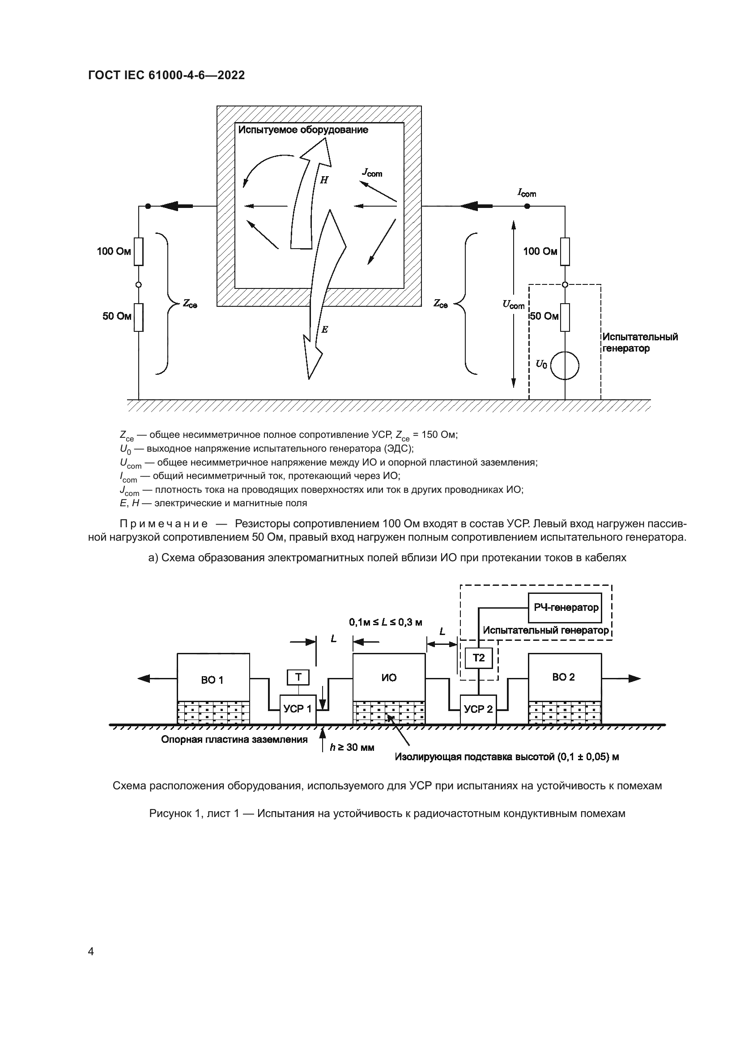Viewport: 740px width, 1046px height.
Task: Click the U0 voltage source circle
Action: coord(565,365)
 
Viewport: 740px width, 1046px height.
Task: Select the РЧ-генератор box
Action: coord(565,608)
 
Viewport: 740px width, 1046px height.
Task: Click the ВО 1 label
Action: coord(213,680)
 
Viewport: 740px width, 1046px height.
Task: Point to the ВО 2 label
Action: coord(564,678)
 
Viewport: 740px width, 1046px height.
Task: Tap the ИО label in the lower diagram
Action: coord(389,678)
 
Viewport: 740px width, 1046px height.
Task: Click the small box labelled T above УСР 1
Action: coord(298,678)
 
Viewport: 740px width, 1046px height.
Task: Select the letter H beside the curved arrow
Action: coord(324,180)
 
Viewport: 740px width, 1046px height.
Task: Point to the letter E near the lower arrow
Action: coord(324,330)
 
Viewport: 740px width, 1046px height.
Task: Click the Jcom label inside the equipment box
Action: coord(372,172)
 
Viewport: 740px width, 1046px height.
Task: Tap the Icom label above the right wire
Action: coord(527,193)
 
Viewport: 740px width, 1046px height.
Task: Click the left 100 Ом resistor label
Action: coord(114,251)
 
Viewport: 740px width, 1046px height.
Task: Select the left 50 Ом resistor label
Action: coord(117,316)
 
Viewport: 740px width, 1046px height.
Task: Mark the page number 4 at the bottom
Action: coord(91,951)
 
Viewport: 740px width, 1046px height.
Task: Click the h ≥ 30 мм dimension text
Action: coord(352,748)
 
